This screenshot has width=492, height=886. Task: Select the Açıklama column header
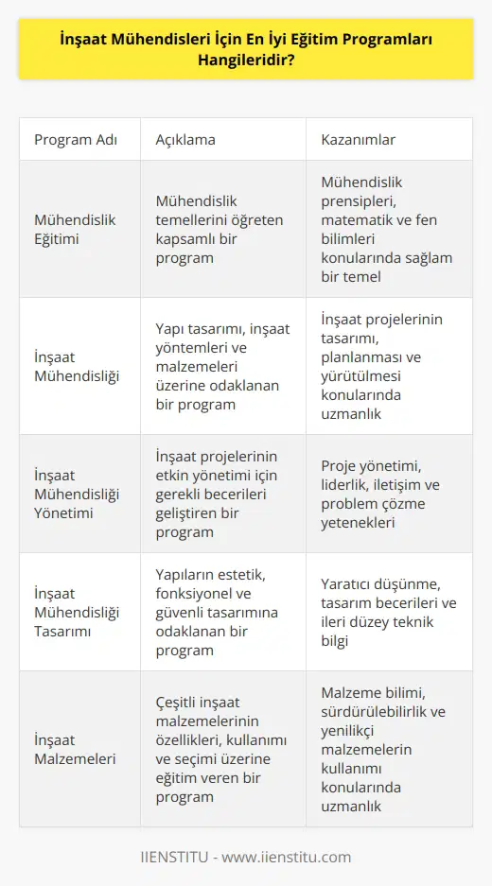coord(185,140)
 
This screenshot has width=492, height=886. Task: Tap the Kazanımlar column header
coord(359,140)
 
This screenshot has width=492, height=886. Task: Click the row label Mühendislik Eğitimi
coord(75,230)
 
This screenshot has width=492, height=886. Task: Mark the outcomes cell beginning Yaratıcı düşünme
coord(382,612)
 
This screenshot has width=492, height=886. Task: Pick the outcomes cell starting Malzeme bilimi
coord(382,748)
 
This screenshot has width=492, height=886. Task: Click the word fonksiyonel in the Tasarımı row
coord(195,612)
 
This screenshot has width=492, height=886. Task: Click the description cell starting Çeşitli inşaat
coord(218,748)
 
